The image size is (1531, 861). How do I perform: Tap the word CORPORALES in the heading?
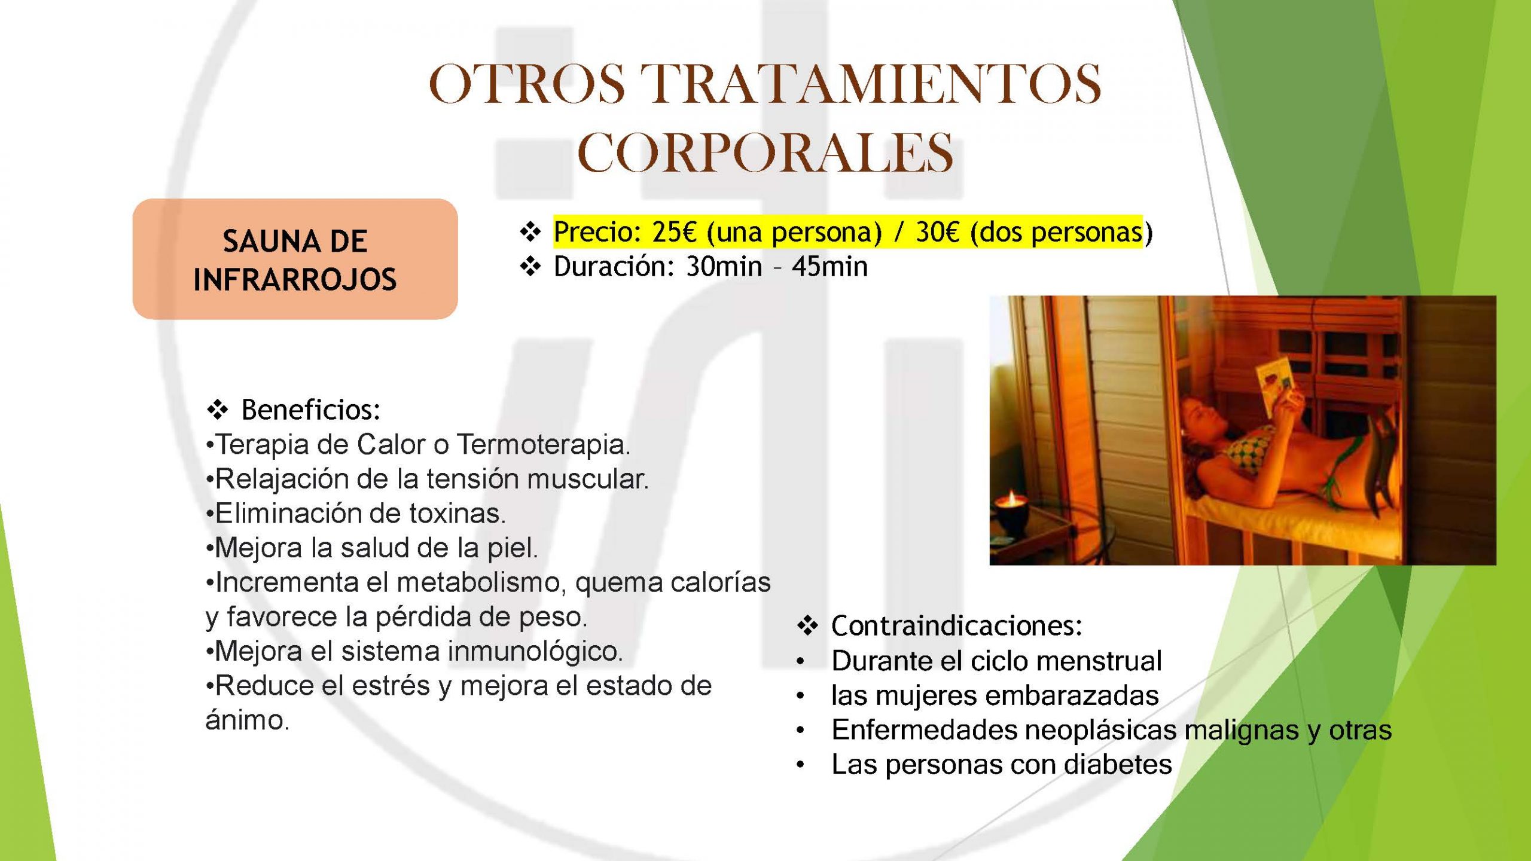765,152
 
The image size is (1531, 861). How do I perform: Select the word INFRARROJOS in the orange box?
295,279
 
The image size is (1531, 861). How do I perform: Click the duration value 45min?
829,267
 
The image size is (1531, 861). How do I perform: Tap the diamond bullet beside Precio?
530,232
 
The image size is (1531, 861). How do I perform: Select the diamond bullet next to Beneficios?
217,410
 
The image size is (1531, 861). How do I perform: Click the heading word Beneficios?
311,410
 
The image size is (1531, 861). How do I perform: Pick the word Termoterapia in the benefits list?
543,445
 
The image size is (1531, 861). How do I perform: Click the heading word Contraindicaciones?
957,626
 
